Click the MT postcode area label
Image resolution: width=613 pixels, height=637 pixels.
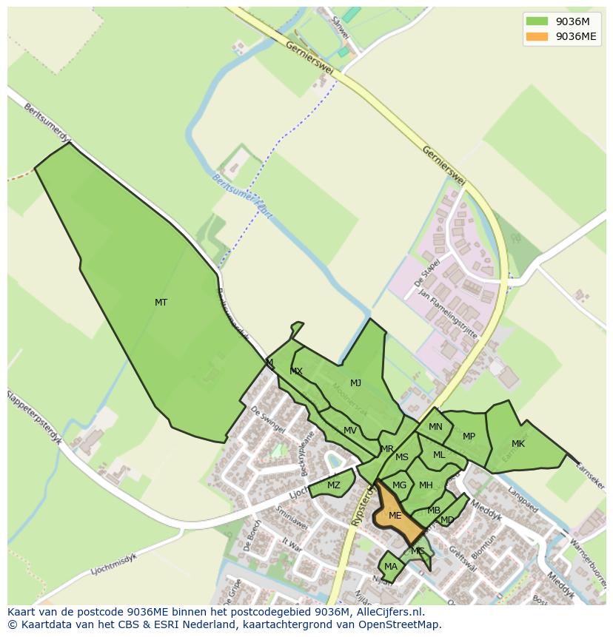161,302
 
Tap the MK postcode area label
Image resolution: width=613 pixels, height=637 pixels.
518,444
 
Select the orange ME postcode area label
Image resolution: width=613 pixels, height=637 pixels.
395,516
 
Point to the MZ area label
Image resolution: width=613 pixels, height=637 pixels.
334,485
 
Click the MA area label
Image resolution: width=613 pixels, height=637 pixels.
391,567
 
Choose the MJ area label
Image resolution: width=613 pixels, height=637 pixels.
355,383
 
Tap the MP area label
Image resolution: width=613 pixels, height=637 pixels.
469,437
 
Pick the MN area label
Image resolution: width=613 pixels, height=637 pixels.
435,427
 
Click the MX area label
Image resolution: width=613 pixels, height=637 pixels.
296,371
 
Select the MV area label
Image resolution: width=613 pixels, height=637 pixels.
350,431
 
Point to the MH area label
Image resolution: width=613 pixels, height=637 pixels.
426,485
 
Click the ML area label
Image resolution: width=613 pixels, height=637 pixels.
439,455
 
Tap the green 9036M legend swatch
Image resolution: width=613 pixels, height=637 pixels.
537,21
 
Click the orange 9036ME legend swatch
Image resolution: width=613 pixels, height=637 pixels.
537,36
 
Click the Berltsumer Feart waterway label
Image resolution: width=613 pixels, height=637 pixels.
242,195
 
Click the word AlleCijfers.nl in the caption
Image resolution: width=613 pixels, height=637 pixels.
388,612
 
